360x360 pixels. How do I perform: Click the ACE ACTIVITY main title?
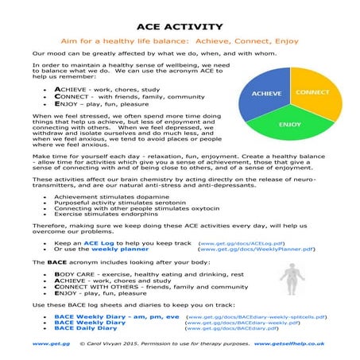tap(180, 25)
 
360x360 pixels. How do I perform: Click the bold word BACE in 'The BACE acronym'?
tap(55, 261)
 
